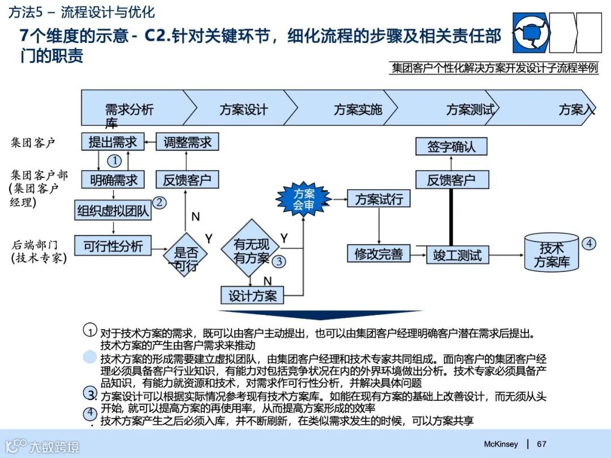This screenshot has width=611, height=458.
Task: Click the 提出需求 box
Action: (x=112, y=141)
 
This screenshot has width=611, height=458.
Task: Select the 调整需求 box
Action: (x=187, y=141)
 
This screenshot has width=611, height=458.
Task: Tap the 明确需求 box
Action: (x=113, y=180)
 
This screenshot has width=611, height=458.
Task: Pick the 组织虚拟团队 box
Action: (x=113, y=211)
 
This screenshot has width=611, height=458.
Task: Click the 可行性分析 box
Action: (x=113, y=246)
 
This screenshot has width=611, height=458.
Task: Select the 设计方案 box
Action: (x=252, y=295)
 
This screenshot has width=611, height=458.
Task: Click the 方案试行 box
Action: (x=379, y=198)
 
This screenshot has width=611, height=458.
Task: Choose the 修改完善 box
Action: (x=378, y=254)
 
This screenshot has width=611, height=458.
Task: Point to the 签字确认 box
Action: (x=451, y=146)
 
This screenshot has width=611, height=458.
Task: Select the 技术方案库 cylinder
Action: (x=552, y=254)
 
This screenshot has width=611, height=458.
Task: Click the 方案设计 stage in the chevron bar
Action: (x=243, y=109)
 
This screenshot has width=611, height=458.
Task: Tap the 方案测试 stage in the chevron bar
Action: (x=470, y=109)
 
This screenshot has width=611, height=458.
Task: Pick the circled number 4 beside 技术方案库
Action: (x=589, y=243)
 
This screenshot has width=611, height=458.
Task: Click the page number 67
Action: (x=541, y=444)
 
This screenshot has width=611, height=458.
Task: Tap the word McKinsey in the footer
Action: (x=501, y=444)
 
